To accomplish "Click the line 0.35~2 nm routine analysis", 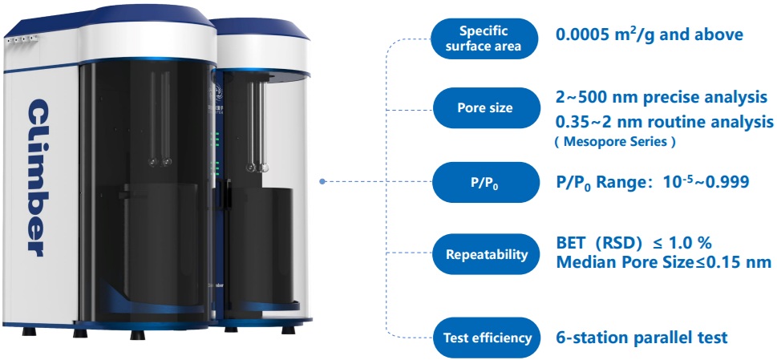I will (665, 121).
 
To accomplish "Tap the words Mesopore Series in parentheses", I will (616, 142).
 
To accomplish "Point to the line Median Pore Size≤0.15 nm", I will (663, 261).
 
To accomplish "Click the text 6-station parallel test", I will (641, 337).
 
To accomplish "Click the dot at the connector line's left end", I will (322, 181).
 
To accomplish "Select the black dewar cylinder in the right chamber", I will (261, 245).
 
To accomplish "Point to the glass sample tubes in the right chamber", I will (258, 128).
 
